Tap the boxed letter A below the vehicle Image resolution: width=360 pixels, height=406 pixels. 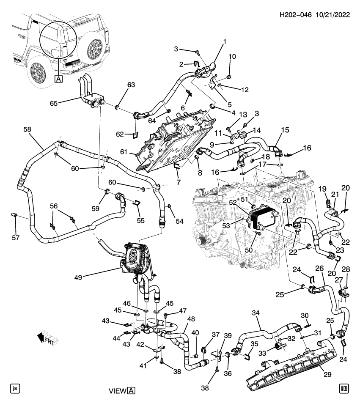coord(58,79)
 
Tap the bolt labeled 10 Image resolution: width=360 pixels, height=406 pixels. coord(228,77)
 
